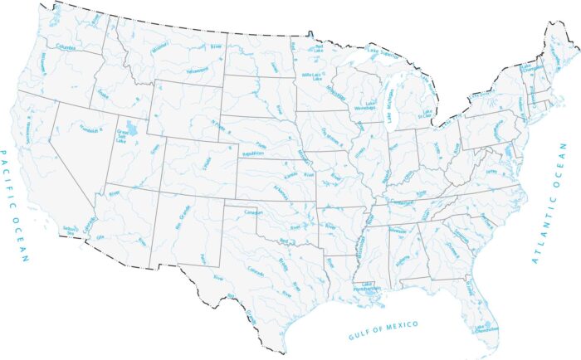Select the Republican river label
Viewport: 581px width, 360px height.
[x=251, y=155]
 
